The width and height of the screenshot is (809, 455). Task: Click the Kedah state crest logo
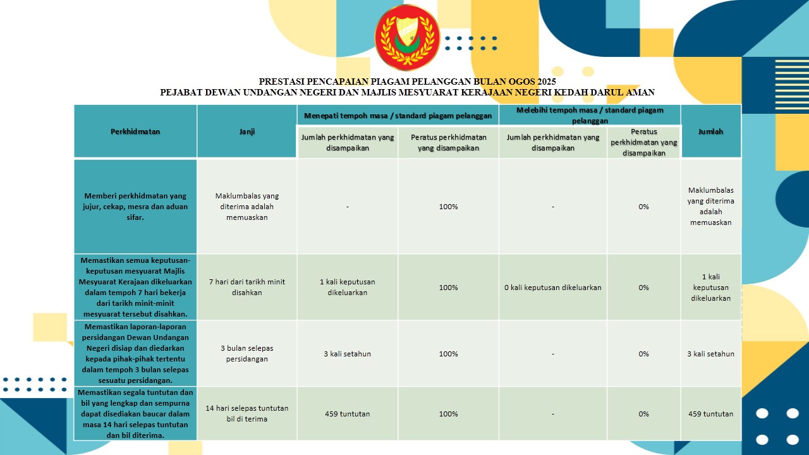(x=406, y=37)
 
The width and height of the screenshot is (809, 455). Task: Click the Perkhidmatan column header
(x=135, y=131)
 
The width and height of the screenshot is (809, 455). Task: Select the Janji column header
(x=246, y=131)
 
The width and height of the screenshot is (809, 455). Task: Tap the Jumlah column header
(x=710, y=131)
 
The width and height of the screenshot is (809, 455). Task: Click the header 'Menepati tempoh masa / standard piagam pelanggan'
(x=398, y=116)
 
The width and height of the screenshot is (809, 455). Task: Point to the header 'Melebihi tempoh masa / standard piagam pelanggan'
(x=590, y=115)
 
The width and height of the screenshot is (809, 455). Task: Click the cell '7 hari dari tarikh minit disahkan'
(x=246, y=288)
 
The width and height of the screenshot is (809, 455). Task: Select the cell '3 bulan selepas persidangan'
(x=246, y=354)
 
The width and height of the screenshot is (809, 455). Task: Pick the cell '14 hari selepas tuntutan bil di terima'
(x=246, y=414)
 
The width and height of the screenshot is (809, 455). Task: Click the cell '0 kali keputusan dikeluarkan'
(x=553, y=288)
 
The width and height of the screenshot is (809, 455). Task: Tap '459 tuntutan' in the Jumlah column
(x=710, y=414)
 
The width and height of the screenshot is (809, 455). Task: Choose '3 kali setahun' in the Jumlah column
(x=710, y=354)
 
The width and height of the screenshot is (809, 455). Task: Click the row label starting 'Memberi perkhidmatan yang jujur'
(x=135, y=207)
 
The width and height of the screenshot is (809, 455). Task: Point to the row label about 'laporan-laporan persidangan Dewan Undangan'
(x=135, y=354)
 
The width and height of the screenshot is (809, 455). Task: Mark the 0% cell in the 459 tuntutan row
(x=643, y=414)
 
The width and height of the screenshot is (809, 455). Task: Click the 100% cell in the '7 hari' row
(x=448, y=288)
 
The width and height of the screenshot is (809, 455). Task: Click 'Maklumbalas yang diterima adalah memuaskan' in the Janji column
(x=246, y=207)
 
